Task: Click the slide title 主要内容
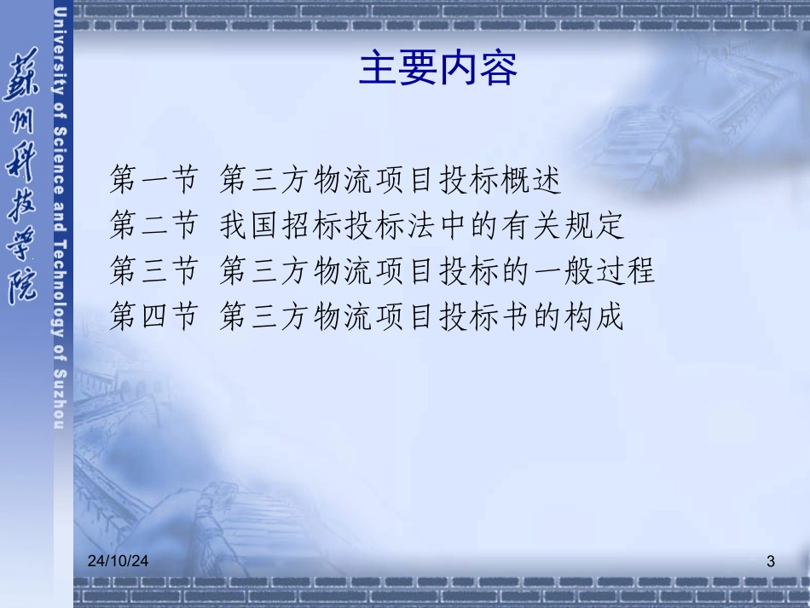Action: [x=437, y=68]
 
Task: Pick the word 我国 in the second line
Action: [x=249, y=227]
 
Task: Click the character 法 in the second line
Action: [x=423, y=227]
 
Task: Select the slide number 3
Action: [x=771, y=561]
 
